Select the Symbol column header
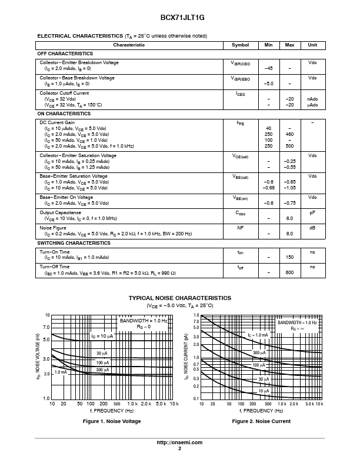[240, 45]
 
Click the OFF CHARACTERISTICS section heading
[64, 54]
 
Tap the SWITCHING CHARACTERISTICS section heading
[74, 243]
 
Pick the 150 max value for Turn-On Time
[289, 257]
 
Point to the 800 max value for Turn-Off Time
[289, 272]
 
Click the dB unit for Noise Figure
[312, 228]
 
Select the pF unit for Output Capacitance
[312, 212]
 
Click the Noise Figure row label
[53, 228]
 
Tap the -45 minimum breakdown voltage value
[269, 68]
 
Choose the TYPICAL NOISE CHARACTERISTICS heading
[179, 298]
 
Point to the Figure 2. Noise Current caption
[261, 421]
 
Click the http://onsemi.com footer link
[179, 442]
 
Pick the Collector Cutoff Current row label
[64, 93]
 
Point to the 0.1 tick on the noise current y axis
[196, 399]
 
